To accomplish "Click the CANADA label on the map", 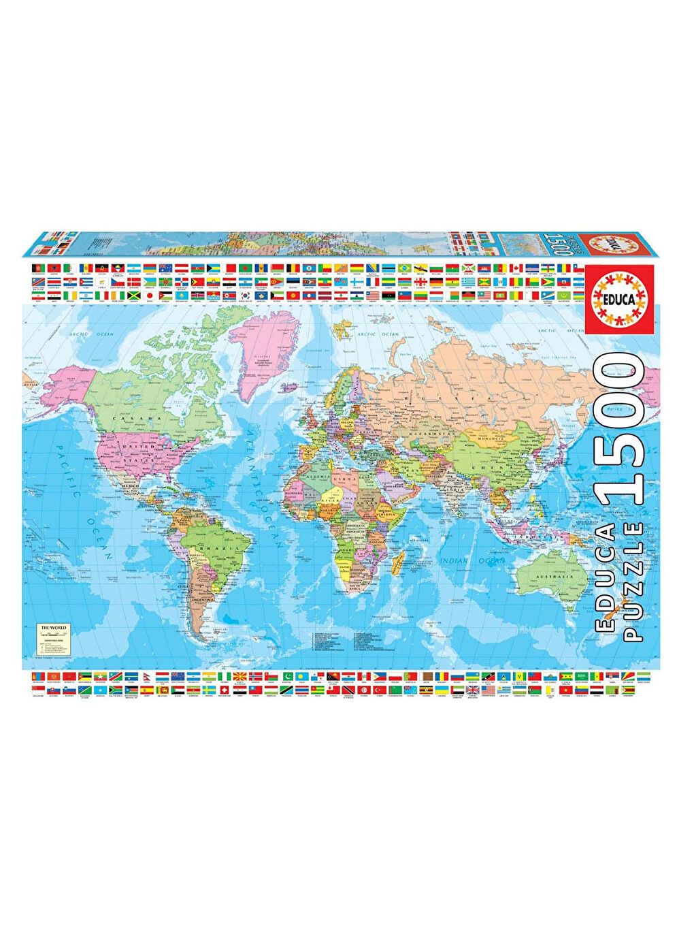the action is coord(146,418).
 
